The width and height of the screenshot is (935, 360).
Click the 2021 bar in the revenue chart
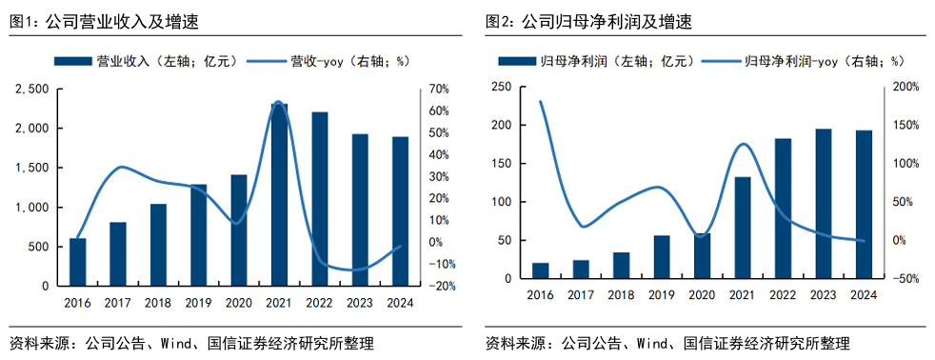pos(279,194)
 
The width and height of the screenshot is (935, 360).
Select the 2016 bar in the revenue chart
pos(77,262)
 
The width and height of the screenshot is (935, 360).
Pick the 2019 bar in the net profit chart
pos(661,257)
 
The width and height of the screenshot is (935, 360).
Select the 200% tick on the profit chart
pos(905,87)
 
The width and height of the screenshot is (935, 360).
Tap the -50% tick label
pos(905,279)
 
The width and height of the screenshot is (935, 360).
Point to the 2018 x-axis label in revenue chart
pos(158,302)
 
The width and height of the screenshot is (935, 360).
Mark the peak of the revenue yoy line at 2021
pos(278,101)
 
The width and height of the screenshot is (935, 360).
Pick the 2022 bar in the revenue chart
pos(319,199)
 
